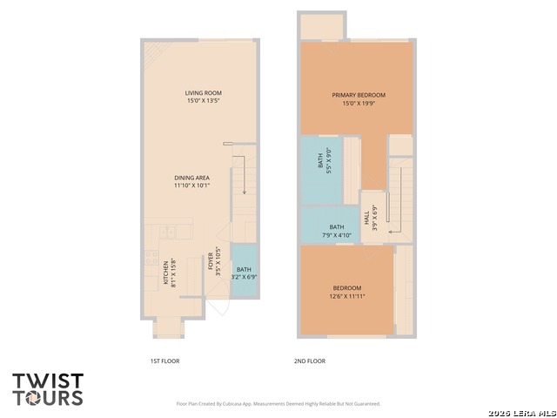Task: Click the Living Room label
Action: tap(203, 93)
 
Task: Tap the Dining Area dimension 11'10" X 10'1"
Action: tap(192, 185)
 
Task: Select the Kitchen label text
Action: tap(165, 273)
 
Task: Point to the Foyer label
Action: tap(211, 261)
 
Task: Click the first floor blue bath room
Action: tap(244, 270)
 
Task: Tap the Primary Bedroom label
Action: tap(359, 95)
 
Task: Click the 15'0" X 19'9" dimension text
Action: tap(359, 104)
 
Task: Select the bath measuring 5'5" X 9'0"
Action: tap(321, 171)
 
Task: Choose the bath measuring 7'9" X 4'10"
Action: tap(331, 225)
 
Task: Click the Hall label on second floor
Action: tap(366, 218)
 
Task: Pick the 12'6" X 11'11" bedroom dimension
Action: tap(347, 296)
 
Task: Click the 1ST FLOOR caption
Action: tap(164, 361)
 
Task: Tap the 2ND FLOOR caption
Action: tap(310, 361)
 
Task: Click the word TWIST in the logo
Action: tap(48, 381)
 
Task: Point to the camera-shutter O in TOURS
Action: tap(34, 398)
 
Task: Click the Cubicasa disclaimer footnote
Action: tap(278, 404)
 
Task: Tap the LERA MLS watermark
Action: tap(522, 414)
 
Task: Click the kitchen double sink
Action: tap(167, 233)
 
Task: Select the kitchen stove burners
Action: tap(151, 258)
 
